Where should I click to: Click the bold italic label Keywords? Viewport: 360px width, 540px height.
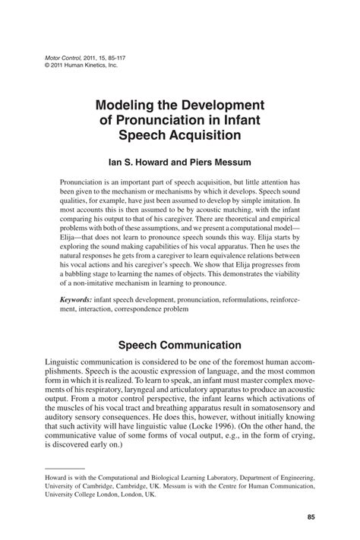77,300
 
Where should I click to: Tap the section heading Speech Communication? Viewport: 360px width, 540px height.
179,346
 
